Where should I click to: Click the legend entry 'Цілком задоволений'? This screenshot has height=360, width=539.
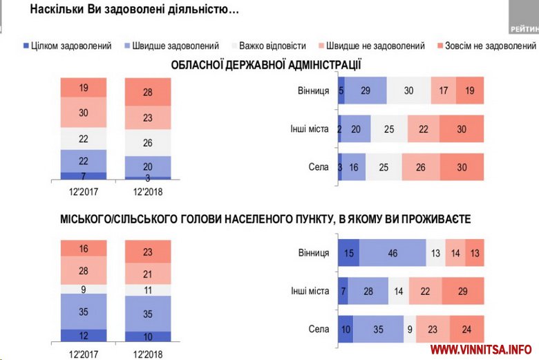point(66,46)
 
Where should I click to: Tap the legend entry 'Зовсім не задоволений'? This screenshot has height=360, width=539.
point(486,46)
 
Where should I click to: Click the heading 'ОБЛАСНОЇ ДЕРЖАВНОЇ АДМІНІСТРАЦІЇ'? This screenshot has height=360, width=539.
point(267,65)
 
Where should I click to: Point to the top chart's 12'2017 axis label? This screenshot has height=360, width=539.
point(83,189)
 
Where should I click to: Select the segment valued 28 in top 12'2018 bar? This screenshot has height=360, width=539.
point(147,93)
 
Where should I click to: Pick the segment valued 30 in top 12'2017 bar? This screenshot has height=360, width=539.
point(83,113)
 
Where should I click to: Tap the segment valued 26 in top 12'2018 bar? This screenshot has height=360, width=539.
point(147,143)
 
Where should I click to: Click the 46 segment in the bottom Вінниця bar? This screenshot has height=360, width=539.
point(392,253)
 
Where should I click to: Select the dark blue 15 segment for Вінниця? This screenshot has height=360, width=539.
point(348,253)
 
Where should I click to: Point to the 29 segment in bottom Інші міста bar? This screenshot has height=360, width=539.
point(462,290)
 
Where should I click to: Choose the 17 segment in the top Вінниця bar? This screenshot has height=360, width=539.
point(442,91)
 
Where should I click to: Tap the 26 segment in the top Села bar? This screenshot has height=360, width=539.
point(420,167)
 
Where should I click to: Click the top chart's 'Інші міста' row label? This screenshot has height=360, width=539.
point(310,129)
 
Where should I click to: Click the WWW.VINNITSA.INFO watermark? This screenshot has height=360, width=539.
point(481,349)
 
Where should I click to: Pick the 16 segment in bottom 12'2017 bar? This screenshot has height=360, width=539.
point(83,248)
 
